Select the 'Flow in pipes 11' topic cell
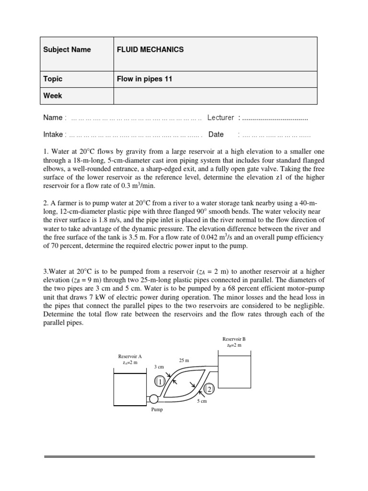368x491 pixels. pyautogui.click(x=144, y=79)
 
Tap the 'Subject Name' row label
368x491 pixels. pyautogui.click(x=67, y=49)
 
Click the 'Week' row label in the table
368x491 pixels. pyautogui.click(x=53, y=95)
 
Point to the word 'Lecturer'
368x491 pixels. pyautogui.click(x=220, y=117)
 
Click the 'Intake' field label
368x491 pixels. pyautogui.click(x=53, y=135)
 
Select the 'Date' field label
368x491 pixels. pyautogui.click(x=216, y=135)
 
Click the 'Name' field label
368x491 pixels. pyautogui.click(x=53, y=117)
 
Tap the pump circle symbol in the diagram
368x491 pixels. pyautogui.click(x=154, y=399)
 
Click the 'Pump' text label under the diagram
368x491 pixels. pyautogui.click(x=157, y=409)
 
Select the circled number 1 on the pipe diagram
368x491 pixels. pyautogui.click(x=160, y=381)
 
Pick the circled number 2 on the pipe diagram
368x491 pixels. pyautogui.click(x=209, y=389)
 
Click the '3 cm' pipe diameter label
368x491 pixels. pyautogui.click(x=159, y=366)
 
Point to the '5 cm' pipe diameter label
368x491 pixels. pyautogui.click(x=202, y=401)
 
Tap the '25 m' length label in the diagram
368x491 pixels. pyautogui.click(x=184, y=360)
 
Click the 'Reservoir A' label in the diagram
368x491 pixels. pyautogui.click(x=130, y=356)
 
